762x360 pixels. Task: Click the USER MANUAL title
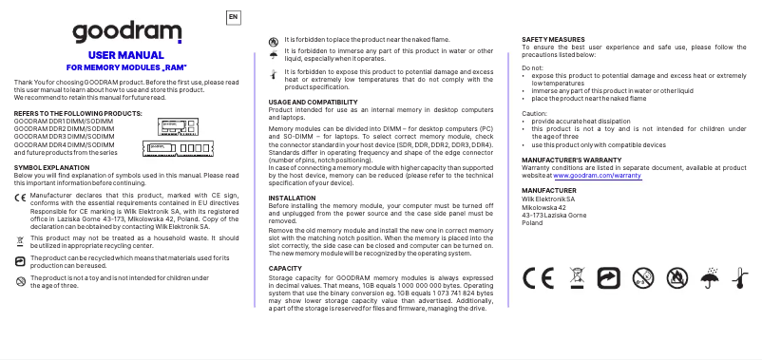coord(125,55)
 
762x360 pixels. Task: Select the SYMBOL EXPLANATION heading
coord(51,167)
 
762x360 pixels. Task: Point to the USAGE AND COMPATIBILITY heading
coord(313,102)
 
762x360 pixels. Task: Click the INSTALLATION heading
coord(292,198)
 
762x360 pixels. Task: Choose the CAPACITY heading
coord(285,269)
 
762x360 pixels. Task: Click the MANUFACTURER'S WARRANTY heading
coord(572,161)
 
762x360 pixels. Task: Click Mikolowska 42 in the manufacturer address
coord(544,206)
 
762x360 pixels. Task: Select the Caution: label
coord(535,113)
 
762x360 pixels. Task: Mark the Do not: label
coord(533,67)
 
